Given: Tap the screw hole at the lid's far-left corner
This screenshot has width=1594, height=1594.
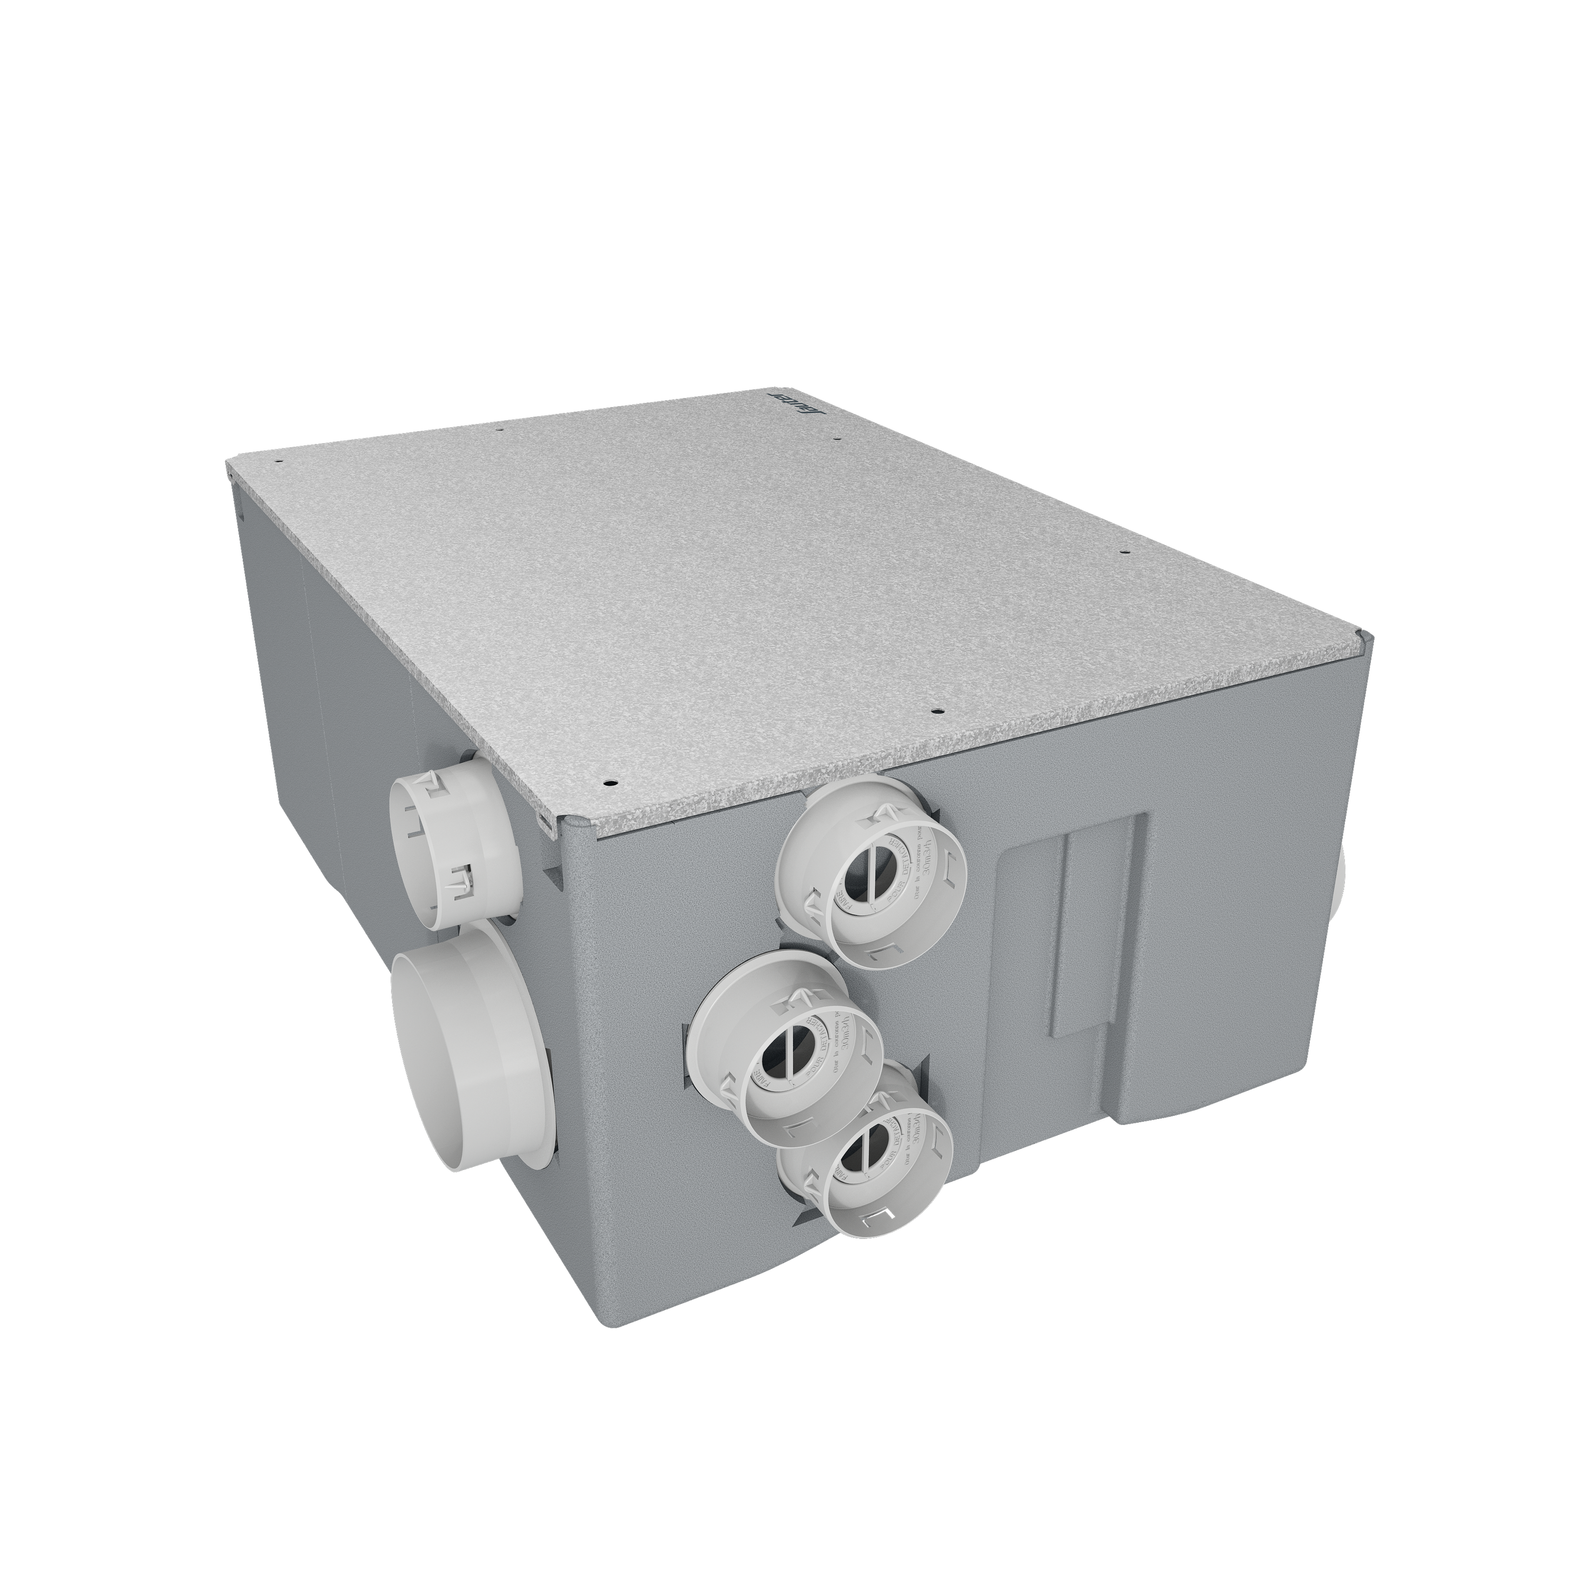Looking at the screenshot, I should coord(281,462).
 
